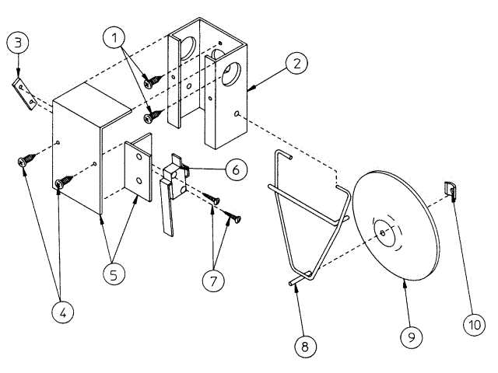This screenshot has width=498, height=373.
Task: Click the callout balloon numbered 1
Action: pyautogui.click(x=115, y=36)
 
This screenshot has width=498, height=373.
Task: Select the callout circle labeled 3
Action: pyautogui.click(x=19, y=43)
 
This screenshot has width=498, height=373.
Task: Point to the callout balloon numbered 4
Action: pyautogui.click(x=64, y=312)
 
